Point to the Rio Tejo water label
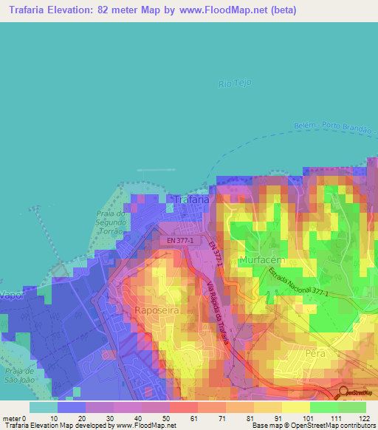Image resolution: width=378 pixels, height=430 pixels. coord(236,83)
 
